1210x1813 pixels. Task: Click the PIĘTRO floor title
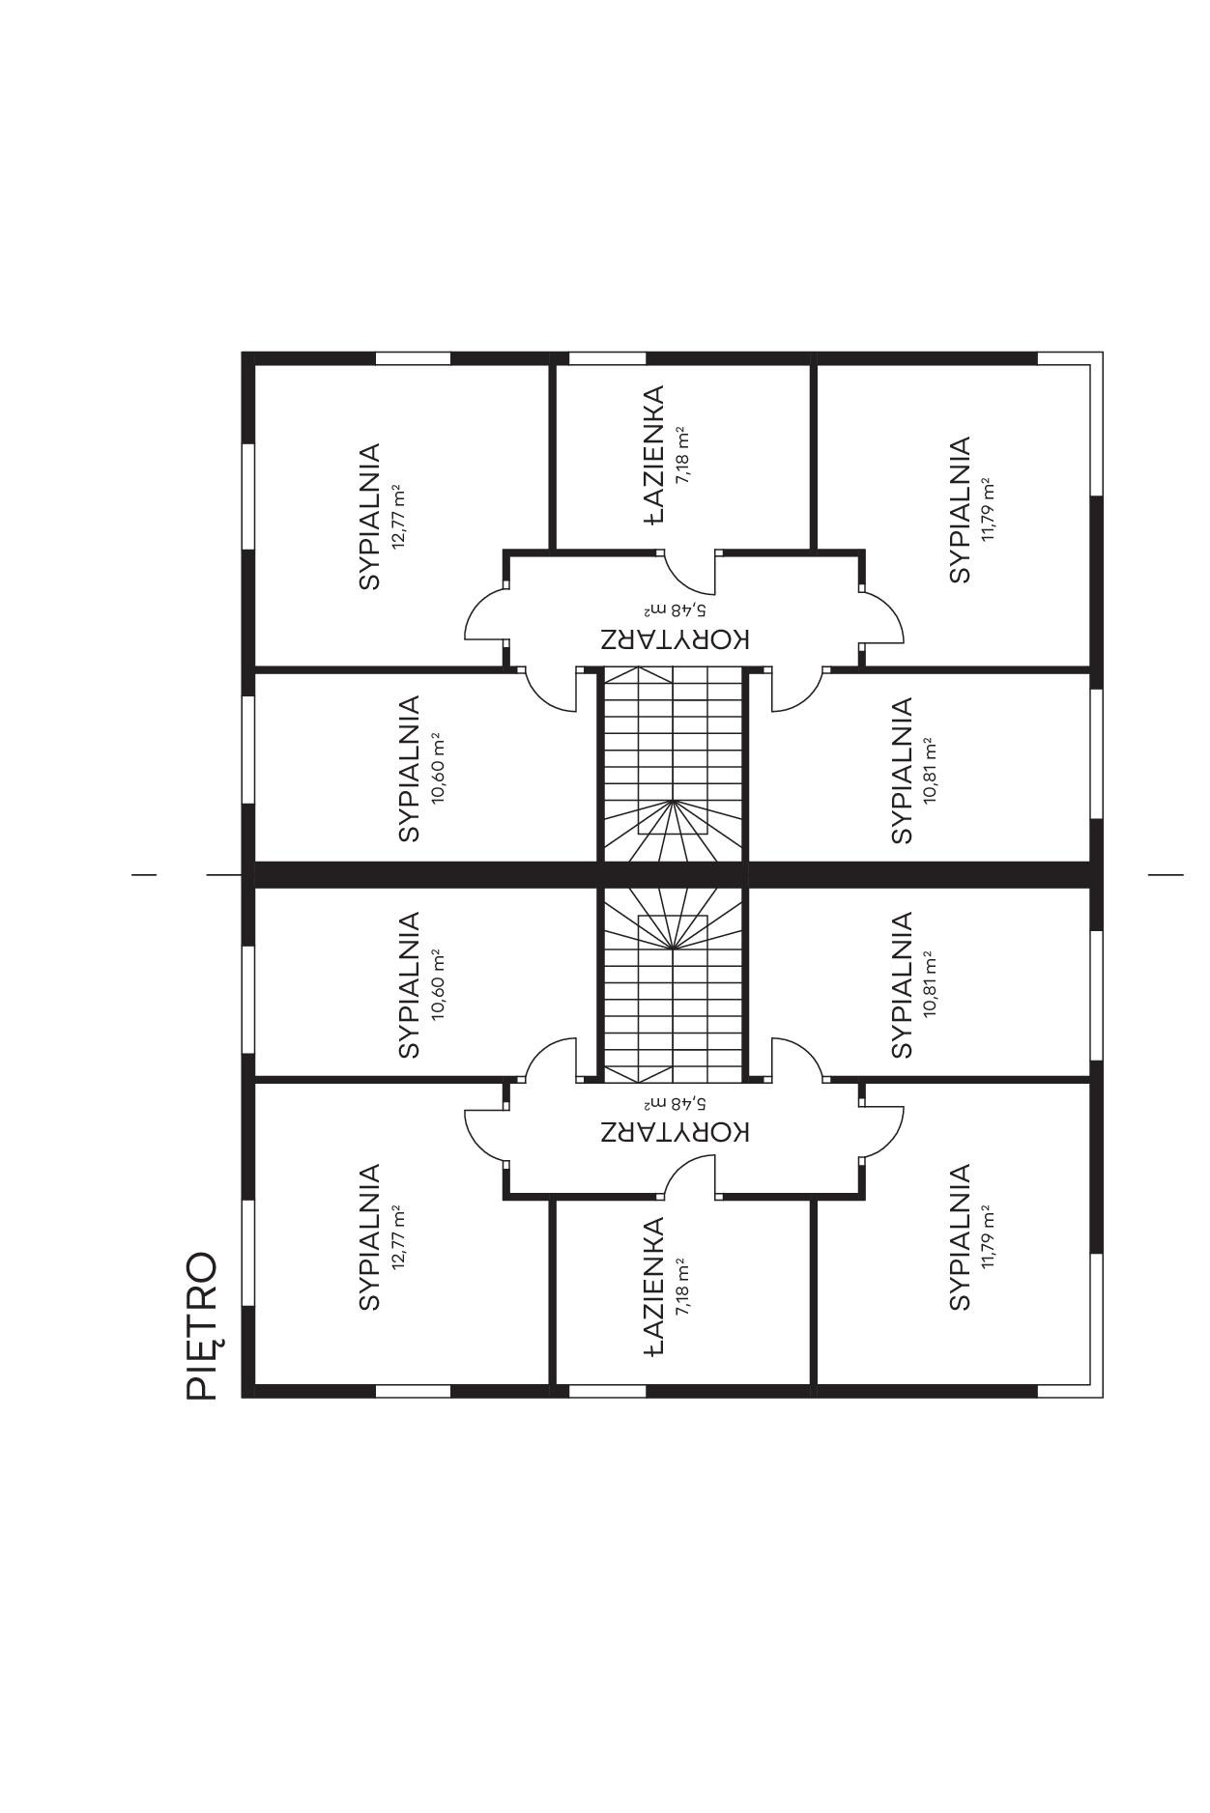[x=202, y=1326]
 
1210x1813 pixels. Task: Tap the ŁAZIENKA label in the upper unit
[x=654, y=454]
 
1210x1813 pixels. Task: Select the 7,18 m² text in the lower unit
[x=682, y=1288]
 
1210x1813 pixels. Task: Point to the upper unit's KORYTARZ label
[x=675, y=639]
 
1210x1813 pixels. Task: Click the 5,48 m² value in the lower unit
[x=675, y=1102]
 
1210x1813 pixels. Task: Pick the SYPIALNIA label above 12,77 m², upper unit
[x=369, y=517]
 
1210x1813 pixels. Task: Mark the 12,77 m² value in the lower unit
[x=397, y=1237]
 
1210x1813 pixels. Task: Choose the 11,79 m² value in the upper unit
[x=987, y=509]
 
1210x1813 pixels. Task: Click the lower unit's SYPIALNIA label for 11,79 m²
[x=959, y=1237]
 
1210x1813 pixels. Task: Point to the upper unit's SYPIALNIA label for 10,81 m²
[x=902, y=770]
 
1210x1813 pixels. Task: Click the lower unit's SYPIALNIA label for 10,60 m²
[x=410, y=985]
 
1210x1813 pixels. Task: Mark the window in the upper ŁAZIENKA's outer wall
[x=607, y=358]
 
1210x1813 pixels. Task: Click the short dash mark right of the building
[x=1166, y=875]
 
